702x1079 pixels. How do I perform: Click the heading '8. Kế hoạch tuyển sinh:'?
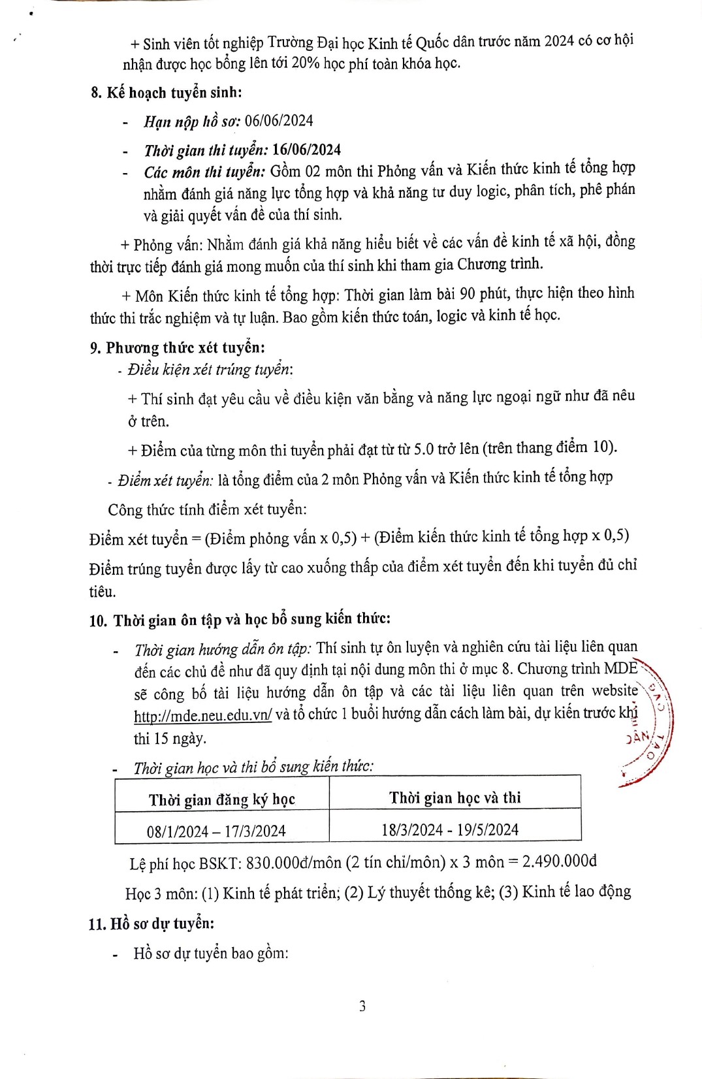[166, 92]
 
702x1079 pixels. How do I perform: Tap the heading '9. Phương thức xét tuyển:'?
[178, 347]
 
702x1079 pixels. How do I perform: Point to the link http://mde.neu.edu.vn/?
[202, 715]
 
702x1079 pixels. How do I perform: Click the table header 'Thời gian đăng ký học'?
[221, 799]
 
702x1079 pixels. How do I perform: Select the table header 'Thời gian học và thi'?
[455, 797]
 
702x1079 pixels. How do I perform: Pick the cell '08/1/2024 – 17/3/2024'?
[216, 831]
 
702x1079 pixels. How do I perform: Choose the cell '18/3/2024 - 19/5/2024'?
[450, 829]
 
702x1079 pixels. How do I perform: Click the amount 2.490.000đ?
[559, 861]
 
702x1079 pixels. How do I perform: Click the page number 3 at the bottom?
[362, 1006]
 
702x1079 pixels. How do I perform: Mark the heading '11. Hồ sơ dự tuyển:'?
[152, 924]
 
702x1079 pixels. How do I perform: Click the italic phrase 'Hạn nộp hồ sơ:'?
[192, 121]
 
